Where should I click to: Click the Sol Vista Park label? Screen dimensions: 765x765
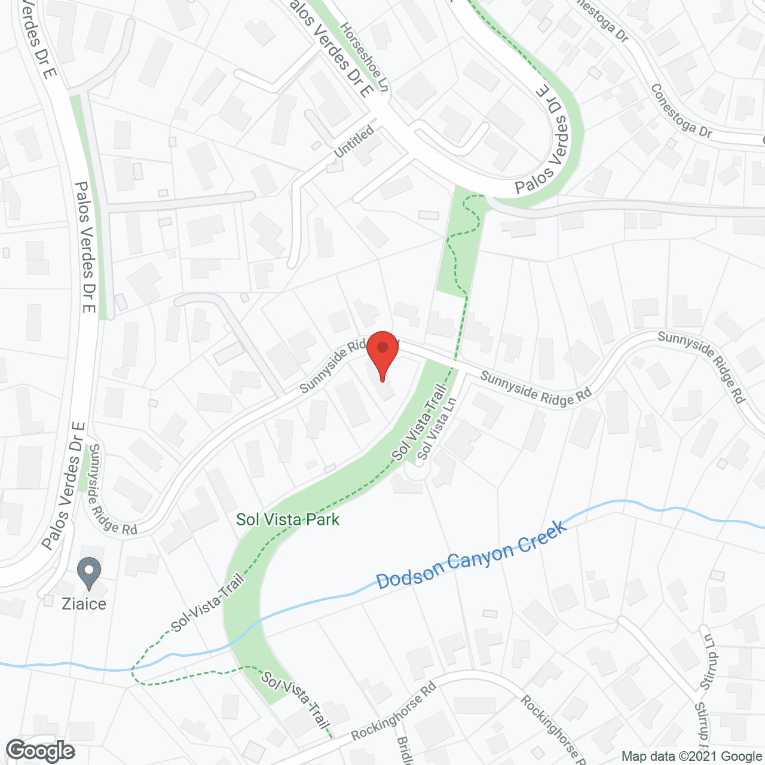pos(287,519)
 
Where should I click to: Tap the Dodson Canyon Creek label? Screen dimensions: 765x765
pos(472,556)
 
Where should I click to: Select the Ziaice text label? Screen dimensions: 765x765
pos(84,604)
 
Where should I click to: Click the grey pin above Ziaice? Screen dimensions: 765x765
pos(89,573)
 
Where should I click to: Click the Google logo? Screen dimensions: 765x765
pos(41,751)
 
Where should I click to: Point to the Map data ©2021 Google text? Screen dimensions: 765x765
pos(692,757)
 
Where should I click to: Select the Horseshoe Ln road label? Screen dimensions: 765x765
pos(365,57)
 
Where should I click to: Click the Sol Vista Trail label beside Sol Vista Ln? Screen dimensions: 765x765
pos(420,424)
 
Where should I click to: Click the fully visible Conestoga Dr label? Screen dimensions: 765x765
pos(681,111)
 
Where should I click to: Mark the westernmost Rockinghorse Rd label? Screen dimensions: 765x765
pos(394,711)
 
